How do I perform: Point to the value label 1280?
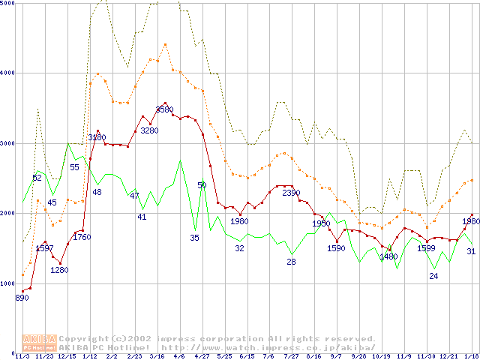click(x=59, y=271)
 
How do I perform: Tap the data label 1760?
click(x=81, y=238)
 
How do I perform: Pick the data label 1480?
click(x=388, y=256)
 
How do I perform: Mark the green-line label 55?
click(x=74, y=167)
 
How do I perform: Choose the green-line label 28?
click(x=291, y=262)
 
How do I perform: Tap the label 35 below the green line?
click(x=194, y=238)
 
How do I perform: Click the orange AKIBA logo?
click(x=39, y=343)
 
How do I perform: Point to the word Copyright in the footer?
click(x=80, y=339)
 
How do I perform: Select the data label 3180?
click(x=97, y=138)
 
